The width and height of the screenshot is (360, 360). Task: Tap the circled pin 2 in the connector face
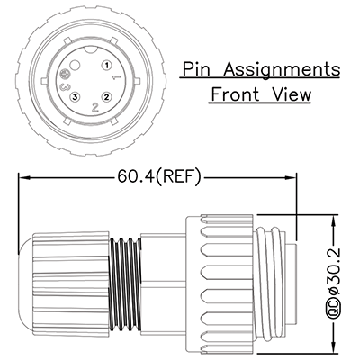coord(106,96)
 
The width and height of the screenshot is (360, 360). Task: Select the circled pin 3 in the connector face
coord(75,96)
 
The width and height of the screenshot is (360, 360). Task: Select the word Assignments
coord(283,69)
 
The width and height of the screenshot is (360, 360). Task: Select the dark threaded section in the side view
coord(125,283)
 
